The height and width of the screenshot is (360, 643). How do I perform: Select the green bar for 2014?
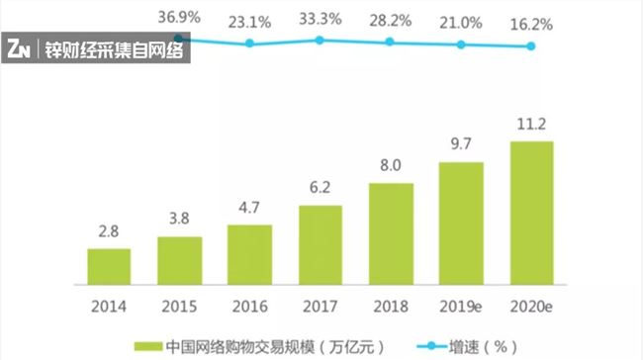click(109, 264)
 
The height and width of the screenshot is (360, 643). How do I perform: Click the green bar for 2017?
click(320, 243)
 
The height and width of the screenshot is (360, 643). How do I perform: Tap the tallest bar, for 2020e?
click(531, 212)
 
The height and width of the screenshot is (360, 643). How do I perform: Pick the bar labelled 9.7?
click(461, 222)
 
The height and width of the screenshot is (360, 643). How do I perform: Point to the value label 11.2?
click(531, 126)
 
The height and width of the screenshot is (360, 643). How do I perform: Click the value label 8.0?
click(390, 166)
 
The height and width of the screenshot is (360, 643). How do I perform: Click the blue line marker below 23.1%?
click(249, 44)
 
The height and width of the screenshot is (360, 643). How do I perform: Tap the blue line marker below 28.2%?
click(390, 42)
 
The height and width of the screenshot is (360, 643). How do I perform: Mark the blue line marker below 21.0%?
click(461, 45)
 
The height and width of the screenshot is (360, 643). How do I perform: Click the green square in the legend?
click(143, 347)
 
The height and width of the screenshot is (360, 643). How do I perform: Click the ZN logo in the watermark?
click(17, 49)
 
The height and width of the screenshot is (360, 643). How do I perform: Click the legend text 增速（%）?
click(486, 347)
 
